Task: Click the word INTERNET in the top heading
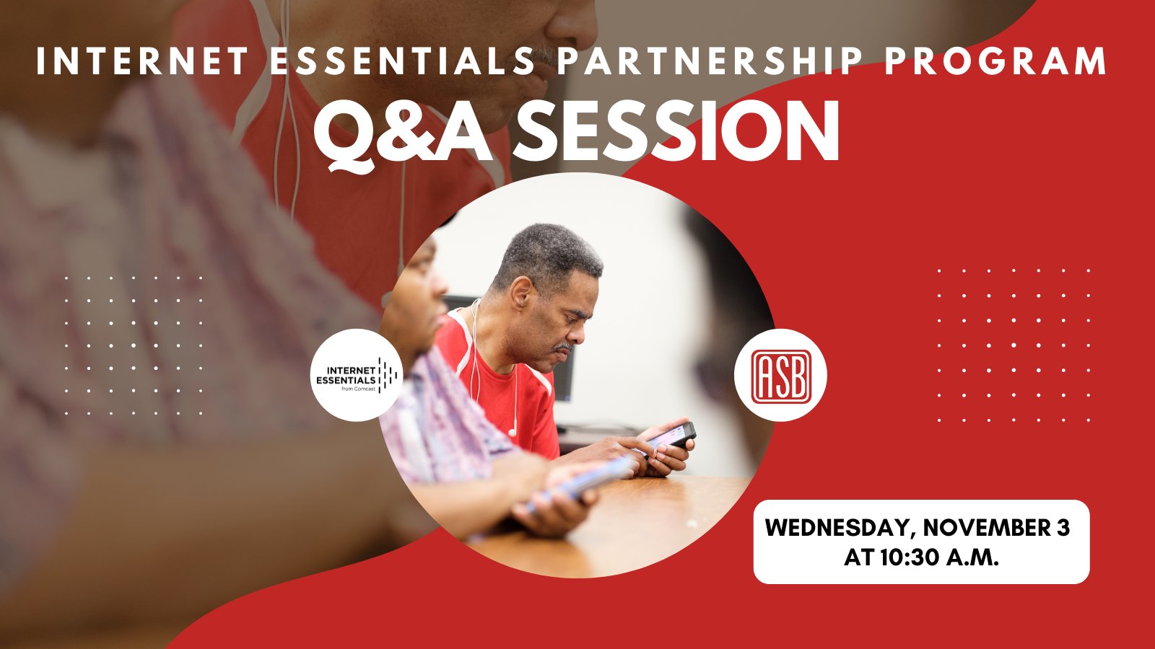[142, 61]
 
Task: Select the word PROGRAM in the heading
[995, 61]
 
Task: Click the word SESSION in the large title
[675, 133]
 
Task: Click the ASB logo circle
[780, 376]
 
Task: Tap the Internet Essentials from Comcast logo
[357, 376]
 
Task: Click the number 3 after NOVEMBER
[1063, 528]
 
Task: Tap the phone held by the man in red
[672, 437]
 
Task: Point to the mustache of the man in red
[563, 348]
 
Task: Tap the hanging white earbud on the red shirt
[512, 432]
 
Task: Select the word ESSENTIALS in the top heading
[401, 61]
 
